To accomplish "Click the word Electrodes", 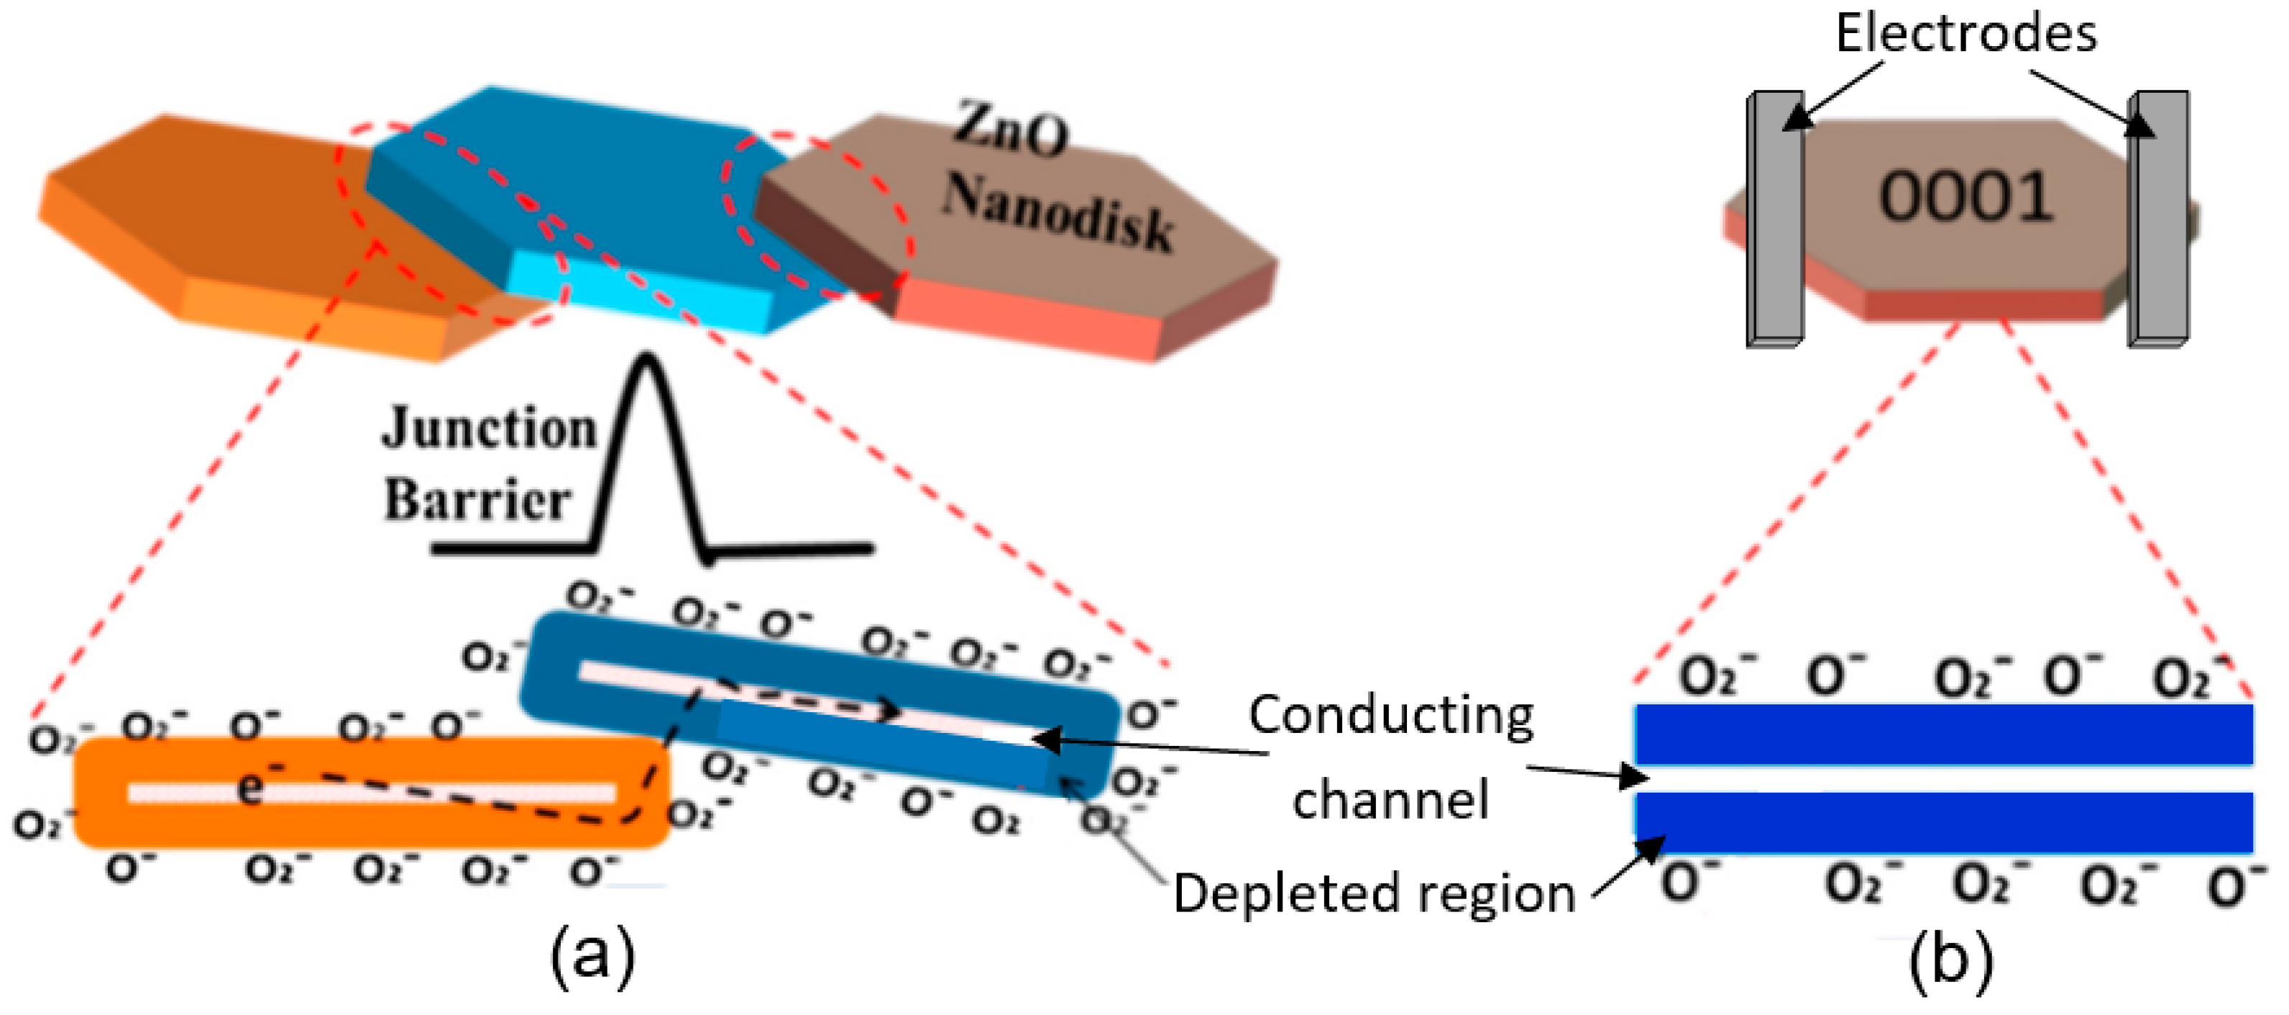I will coord(1965,34).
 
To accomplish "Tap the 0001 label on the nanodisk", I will coord(1965,197).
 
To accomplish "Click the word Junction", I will coord(489,429).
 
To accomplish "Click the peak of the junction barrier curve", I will coord(647,360).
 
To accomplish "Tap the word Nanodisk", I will coord(1058,211).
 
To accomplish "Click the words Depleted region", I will coord(1374,893).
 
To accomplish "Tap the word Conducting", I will coord(1390,716).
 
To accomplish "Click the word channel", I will coord(1390,800).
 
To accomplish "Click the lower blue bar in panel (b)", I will coord(1944,822).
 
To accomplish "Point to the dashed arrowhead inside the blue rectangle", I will coord(889,710).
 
